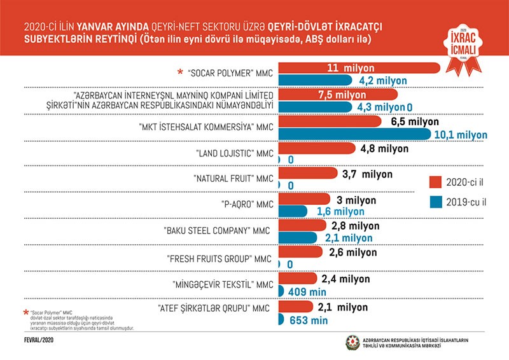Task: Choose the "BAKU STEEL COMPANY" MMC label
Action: pos(218,232)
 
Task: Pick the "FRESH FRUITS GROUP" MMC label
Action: pos(220,258)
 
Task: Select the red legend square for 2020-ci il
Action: pos(436,180)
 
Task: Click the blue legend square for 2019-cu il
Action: pos(436,202)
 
